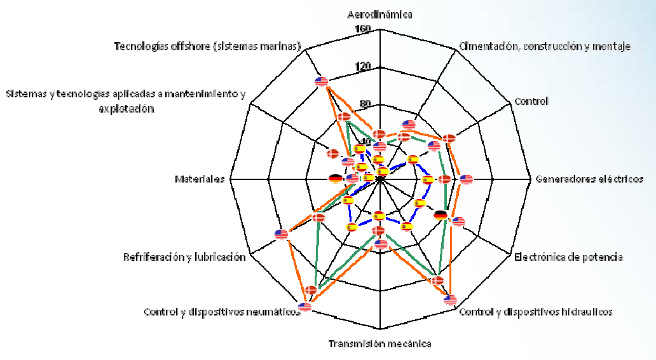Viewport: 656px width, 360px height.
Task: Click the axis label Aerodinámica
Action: [380, 14]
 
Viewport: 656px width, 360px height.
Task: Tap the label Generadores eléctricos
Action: [589, 179]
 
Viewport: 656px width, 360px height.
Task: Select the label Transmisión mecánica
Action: [379, 344]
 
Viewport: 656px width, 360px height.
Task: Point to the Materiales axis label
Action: [200, 179]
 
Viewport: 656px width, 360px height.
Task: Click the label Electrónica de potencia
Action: [568, 257]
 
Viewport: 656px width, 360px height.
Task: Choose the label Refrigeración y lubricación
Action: [184, 258]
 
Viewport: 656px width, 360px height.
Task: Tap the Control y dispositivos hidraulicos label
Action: [535, 312]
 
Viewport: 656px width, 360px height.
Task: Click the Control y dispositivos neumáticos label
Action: [222, 312]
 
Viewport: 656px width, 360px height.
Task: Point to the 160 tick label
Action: [363, 29]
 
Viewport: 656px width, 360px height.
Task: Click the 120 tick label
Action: [363, 67]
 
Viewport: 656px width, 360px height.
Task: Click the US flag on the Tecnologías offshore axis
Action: [322, 81]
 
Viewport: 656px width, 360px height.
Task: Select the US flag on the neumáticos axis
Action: [304, 307]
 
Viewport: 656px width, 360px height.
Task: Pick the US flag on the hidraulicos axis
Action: [450, 300]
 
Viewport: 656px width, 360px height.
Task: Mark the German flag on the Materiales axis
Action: [336, 179]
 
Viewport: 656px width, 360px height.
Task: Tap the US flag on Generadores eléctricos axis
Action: [466, 179]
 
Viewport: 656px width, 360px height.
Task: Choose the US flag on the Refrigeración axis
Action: [282, 234]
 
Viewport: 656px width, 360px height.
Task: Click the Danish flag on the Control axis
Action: [449, 138]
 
